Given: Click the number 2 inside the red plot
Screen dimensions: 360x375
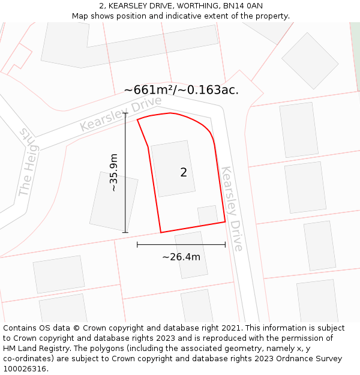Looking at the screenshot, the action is click(x=184, y=173).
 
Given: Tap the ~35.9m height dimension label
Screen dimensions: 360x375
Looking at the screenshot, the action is click(x=113, y=173).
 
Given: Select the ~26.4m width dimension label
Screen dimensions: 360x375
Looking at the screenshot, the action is click(x=181, y=257).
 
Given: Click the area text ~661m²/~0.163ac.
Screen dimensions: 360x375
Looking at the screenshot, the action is click(x=181, y=90).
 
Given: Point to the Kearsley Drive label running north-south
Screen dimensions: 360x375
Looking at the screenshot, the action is click(x=232, y=209).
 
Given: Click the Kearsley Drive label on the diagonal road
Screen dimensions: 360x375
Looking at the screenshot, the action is click(x=112, y=114).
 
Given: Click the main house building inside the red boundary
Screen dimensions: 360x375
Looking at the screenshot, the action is click(x=173, y=168).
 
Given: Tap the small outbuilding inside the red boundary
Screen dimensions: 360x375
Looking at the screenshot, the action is click(x=208, y=215).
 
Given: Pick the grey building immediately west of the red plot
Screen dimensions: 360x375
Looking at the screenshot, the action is click(x=113, y=201).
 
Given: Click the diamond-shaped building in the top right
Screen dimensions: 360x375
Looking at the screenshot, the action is click(x=310, y=61).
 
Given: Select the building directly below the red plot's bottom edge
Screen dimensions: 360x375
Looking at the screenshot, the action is click(x=191, y=254).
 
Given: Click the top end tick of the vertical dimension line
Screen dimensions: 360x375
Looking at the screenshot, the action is click(x=125, y=113).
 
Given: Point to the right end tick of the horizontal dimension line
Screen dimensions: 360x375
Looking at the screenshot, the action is click(x=225, y=244).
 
